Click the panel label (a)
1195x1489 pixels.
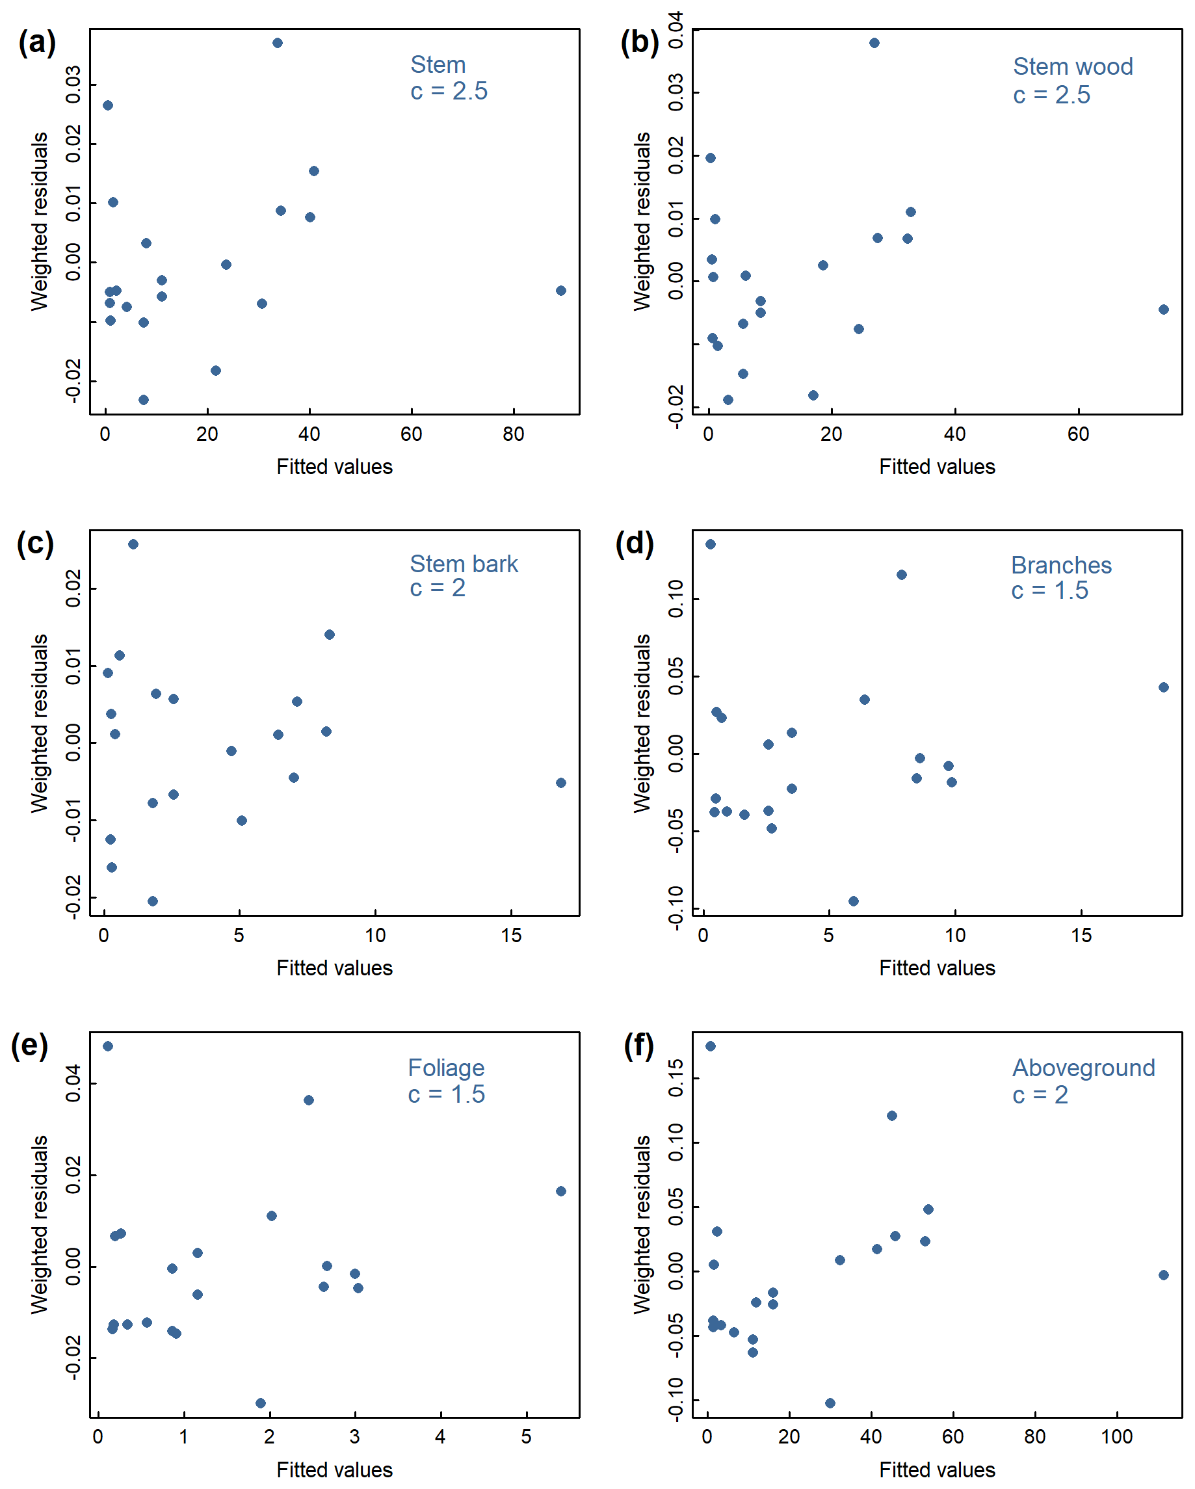click(37, 43)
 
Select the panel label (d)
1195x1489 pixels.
click(634, 544)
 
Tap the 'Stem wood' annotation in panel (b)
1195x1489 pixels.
click(1072, 67)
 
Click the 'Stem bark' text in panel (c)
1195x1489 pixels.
click(464, 564)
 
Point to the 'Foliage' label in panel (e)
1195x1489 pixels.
click(445, 1068)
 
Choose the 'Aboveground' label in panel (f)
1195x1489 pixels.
click(1083, 1068)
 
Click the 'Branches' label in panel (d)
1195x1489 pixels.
click(1061, 566)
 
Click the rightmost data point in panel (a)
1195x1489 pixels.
click(561, 291)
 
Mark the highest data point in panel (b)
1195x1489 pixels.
click(874, 43)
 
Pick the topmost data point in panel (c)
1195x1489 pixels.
click(133, 544)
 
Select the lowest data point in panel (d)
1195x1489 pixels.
click(853, 901)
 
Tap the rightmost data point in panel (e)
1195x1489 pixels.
click(561, 1191)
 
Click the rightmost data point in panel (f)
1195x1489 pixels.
click(1163, 1275)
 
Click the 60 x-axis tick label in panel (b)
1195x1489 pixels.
click(1078, 434)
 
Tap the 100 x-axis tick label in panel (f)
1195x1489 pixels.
click(1116, 1437)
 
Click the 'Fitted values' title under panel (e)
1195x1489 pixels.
click(334, 1469)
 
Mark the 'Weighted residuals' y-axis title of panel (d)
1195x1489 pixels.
click(642, 723)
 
